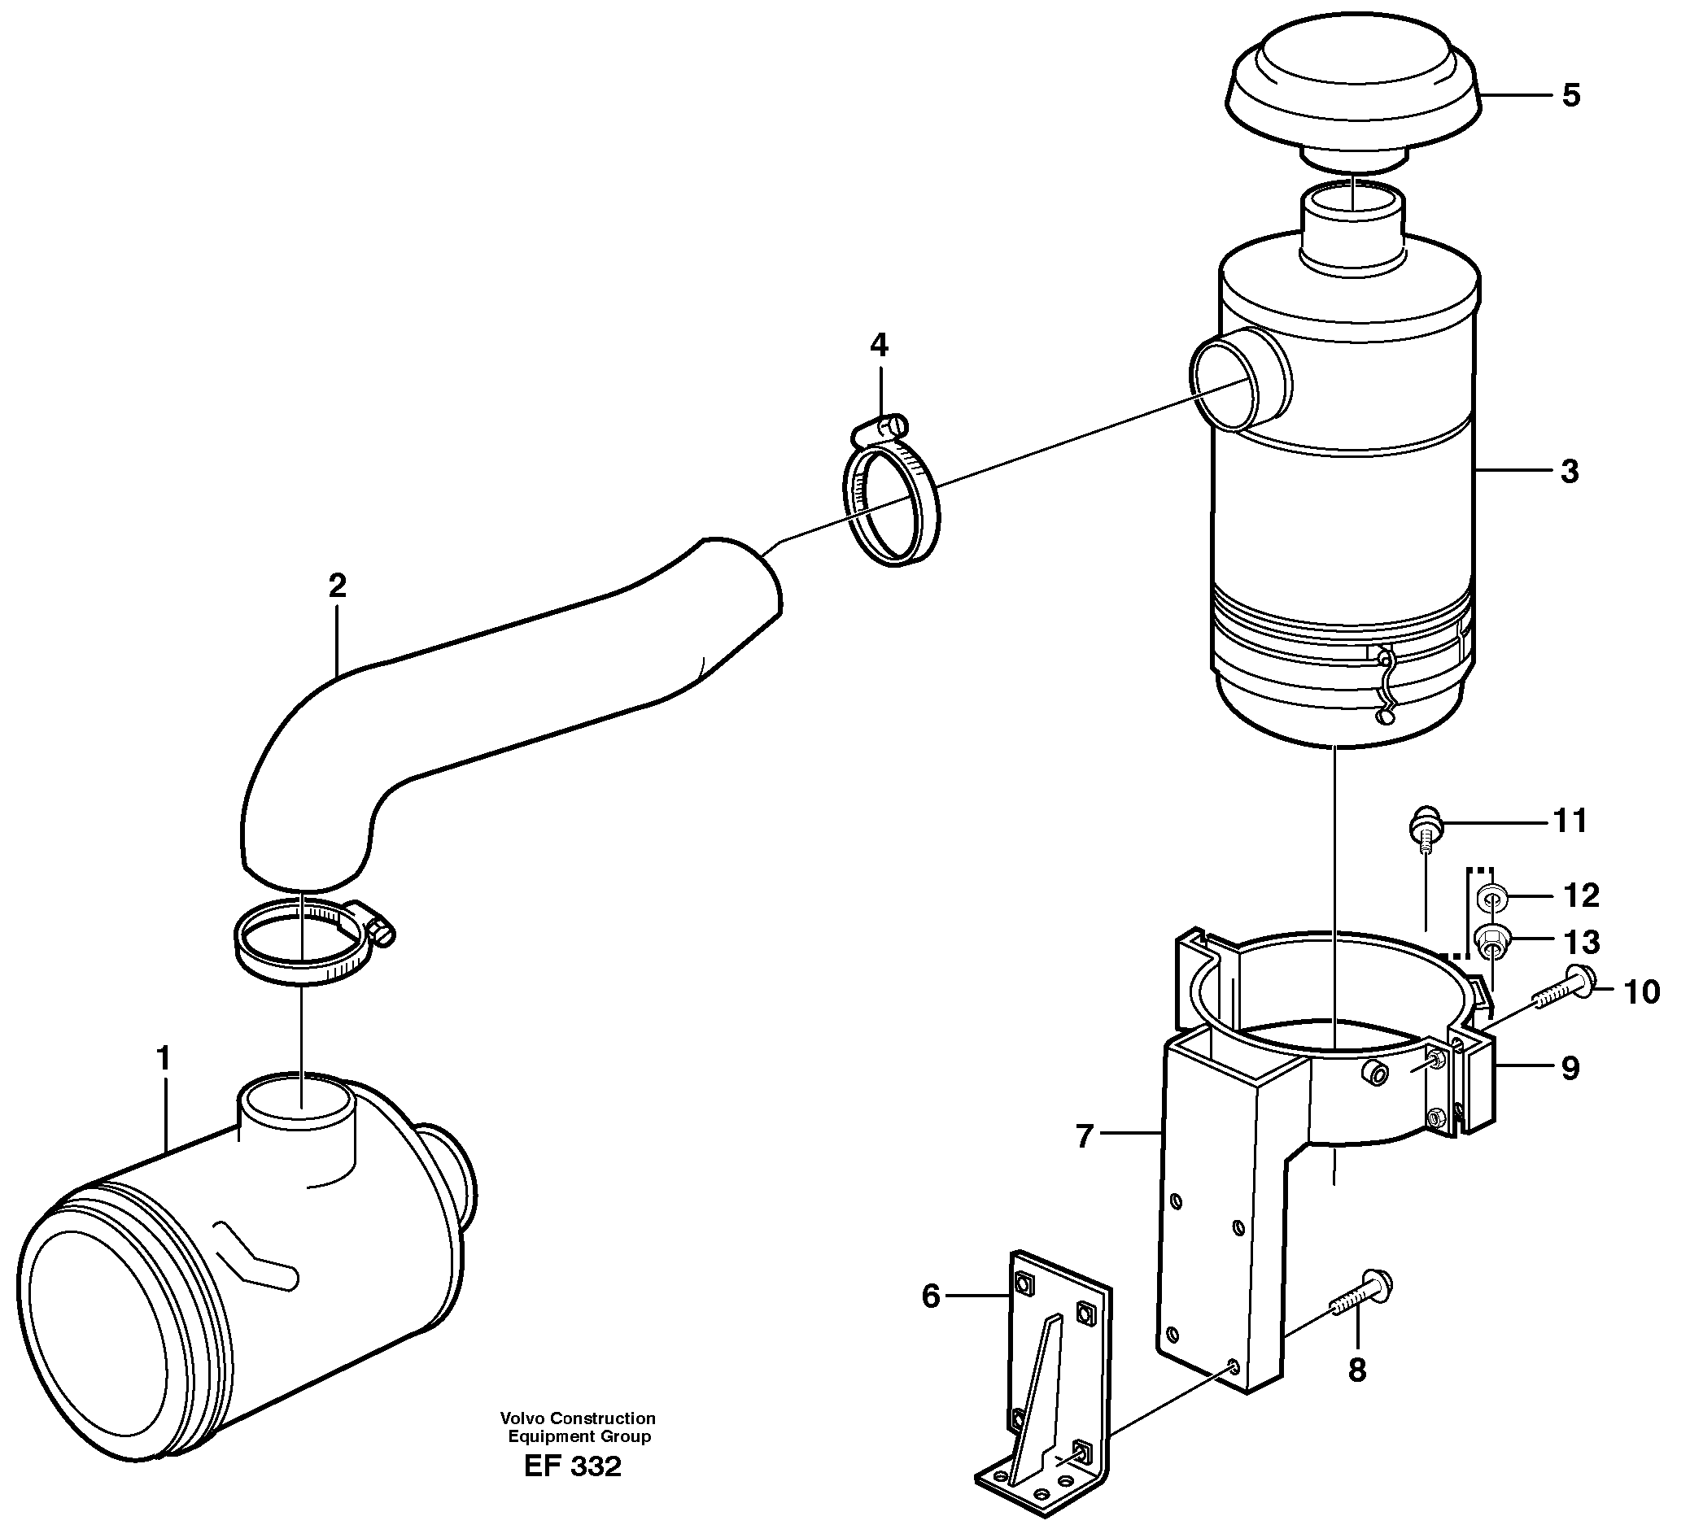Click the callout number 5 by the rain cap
(1571, 95)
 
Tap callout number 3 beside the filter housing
(1570, 472)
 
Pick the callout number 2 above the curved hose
(337, 586)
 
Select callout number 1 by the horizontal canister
(164, 1059)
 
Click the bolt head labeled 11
(1423, 823)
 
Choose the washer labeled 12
(1491, 899)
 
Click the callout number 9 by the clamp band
(1570, 1068)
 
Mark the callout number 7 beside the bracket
(1085, 1137)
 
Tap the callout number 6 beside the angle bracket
(931, 1296)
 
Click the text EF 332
(573, 1466)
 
